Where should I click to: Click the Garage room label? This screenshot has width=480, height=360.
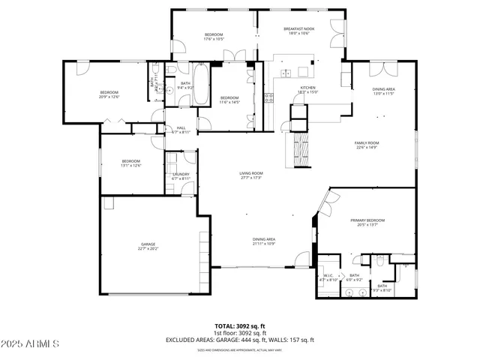click(x=148, y=246)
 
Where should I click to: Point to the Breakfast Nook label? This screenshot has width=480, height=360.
click(x=298, y=31)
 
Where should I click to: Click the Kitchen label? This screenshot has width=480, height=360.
click(x=309, y=89)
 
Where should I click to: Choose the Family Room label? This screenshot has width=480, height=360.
click(x=367, y=145)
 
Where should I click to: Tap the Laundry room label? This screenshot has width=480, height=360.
click(x=181, y=176)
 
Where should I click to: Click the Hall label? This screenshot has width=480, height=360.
click(x=181, y=129)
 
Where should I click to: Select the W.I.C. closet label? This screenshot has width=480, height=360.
click(x=328, y=277)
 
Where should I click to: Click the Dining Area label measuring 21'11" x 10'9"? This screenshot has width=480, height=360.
click(x=263, y=241)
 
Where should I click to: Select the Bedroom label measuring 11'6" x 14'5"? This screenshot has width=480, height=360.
click(x=229, y=100)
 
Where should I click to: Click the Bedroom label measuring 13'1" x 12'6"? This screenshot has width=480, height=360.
click(x=131, y=163)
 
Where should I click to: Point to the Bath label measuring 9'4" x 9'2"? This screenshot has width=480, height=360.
click(x=185, y=85)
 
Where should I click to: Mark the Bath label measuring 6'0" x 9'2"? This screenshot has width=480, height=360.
click(x=354, y=277)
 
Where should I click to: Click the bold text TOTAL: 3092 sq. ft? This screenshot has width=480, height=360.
click(x=240, y=326)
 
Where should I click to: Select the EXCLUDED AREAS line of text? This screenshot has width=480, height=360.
click(x=240, y=340)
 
